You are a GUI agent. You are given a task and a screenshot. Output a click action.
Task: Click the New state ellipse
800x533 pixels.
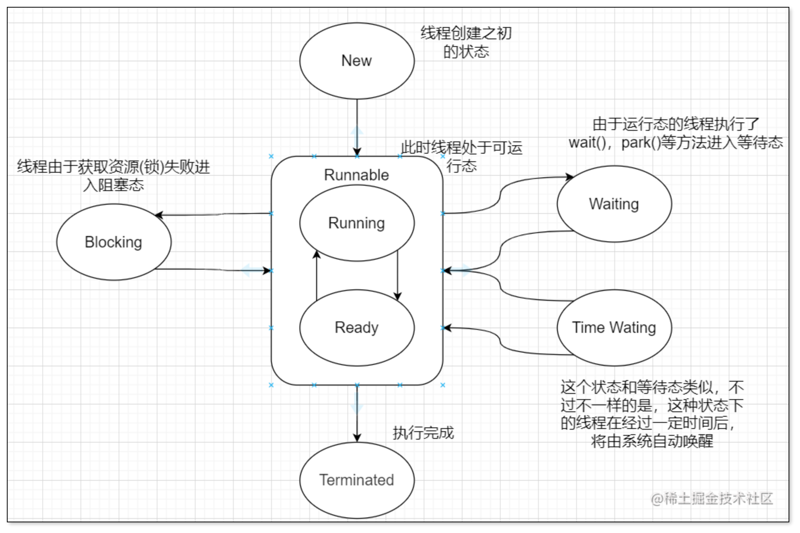(357, 61)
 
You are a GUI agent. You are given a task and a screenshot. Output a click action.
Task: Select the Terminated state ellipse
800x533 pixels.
(357, 480)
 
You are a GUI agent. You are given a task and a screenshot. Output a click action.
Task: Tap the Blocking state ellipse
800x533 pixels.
(114, 242)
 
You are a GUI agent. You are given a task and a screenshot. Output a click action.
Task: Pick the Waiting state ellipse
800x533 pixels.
(614, 204)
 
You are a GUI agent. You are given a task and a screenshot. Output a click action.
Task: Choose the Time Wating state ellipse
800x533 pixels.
(614, 328)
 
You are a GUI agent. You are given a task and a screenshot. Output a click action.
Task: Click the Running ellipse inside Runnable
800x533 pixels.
(357, 223)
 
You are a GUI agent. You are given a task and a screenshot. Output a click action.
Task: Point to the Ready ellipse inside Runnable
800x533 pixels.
(357, 328)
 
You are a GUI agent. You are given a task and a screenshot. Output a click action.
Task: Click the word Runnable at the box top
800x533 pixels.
(357, 175)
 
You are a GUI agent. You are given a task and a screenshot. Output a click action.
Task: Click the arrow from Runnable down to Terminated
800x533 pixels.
(357, 416)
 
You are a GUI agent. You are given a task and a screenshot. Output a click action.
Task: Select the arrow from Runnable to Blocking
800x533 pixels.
(214, 215)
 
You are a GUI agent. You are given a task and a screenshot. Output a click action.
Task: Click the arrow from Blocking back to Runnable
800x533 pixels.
(214, 270)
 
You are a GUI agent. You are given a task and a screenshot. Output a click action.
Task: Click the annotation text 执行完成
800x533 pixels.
(423, 433)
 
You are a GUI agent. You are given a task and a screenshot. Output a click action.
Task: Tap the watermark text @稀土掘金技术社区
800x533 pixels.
(712, 499)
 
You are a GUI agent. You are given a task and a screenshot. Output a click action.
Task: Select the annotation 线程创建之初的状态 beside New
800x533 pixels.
(466, 42)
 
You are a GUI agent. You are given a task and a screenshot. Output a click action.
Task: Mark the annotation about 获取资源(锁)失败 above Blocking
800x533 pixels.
(114, 176)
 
